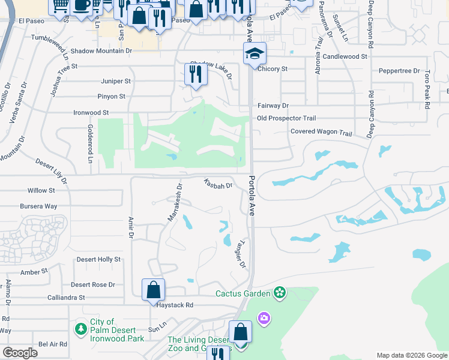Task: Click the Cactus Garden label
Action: point(243,293)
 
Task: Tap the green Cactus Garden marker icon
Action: point(279,293)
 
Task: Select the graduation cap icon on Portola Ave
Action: point(255,55)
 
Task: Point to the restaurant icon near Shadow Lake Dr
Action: point(196,74)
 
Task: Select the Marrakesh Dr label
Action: point(174,202)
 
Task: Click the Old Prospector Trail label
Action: point(286,118)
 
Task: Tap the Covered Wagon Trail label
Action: point(321,132)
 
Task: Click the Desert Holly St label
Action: point(98,259)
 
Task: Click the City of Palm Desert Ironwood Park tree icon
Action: point(81,329)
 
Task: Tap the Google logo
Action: point(20,353)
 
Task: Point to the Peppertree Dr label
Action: point(399,71)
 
